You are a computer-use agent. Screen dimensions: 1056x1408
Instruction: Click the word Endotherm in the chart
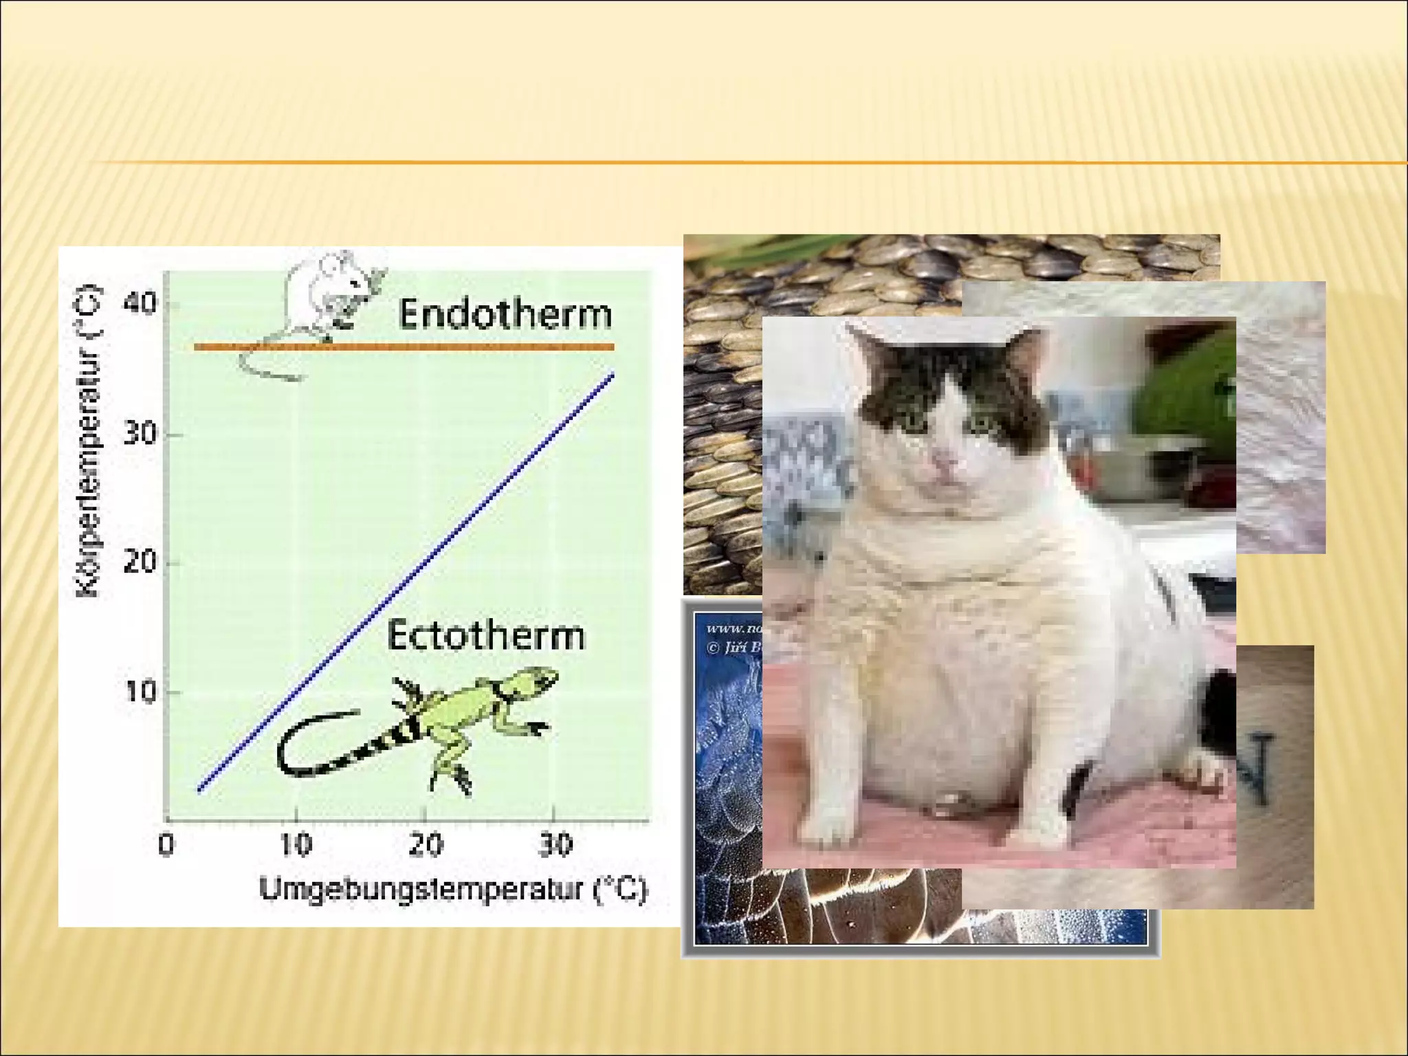[x=505, y=314]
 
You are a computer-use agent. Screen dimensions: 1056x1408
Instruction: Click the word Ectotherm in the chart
[x=486, y=635]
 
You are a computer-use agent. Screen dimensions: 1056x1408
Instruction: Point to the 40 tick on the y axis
[x=140, y=303]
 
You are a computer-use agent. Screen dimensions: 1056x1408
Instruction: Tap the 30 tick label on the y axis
[x=140, y=434]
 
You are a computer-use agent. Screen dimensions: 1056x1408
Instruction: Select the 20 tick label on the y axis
[x=140, y=562]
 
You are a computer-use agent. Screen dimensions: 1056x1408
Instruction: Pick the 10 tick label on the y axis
[x=140, y=691]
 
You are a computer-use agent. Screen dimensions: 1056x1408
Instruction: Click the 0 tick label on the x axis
[x=166, y=844]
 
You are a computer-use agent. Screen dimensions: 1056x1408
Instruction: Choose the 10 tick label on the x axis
[x=296, y=844]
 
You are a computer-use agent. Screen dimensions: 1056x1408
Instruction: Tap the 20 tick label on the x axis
[x=425, y=844]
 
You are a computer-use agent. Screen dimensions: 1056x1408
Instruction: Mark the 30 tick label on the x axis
[x=554, y=844]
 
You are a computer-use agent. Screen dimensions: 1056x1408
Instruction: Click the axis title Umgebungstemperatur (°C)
[x=453, y=889]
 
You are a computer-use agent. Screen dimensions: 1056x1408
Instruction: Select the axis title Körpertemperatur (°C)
[x=90, y=441]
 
